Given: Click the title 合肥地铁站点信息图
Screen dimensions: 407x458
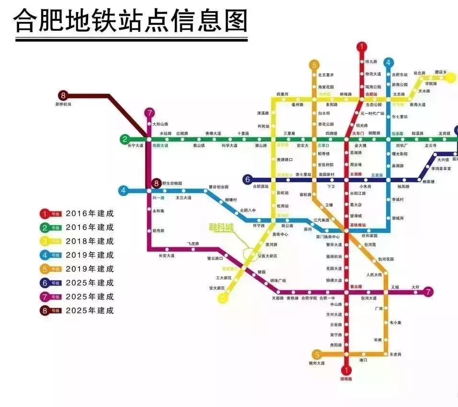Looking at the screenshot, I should (131, 20).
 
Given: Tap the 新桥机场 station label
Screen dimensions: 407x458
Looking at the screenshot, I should (63, 104).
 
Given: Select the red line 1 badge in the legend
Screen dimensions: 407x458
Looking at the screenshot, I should (45, 213).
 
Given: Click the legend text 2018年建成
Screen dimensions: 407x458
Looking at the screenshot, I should (90, 241).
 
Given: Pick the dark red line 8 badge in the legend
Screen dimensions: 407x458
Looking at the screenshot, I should (45, 311).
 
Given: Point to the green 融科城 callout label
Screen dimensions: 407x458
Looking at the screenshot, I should (221, 227).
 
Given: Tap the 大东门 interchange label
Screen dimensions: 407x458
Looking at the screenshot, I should (358, 133).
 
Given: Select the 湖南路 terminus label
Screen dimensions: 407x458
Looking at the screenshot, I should (346, 379).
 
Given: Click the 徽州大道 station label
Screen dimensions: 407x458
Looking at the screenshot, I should (317, 363).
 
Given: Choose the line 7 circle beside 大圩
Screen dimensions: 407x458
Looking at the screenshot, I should (428, 291).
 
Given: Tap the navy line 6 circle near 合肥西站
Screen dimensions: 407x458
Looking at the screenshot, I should (248, 180).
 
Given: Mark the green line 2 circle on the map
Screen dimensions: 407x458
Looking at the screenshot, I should (125, 140).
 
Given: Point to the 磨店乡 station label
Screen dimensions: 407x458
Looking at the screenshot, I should (440, 72).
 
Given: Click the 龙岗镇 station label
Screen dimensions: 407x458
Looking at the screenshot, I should (444, 133).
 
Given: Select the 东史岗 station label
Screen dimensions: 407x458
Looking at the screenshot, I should (395, 354).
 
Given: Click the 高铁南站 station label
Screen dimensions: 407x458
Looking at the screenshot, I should (357, 224).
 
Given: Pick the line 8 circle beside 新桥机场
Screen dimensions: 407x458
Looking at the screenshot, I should (63, 95).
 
